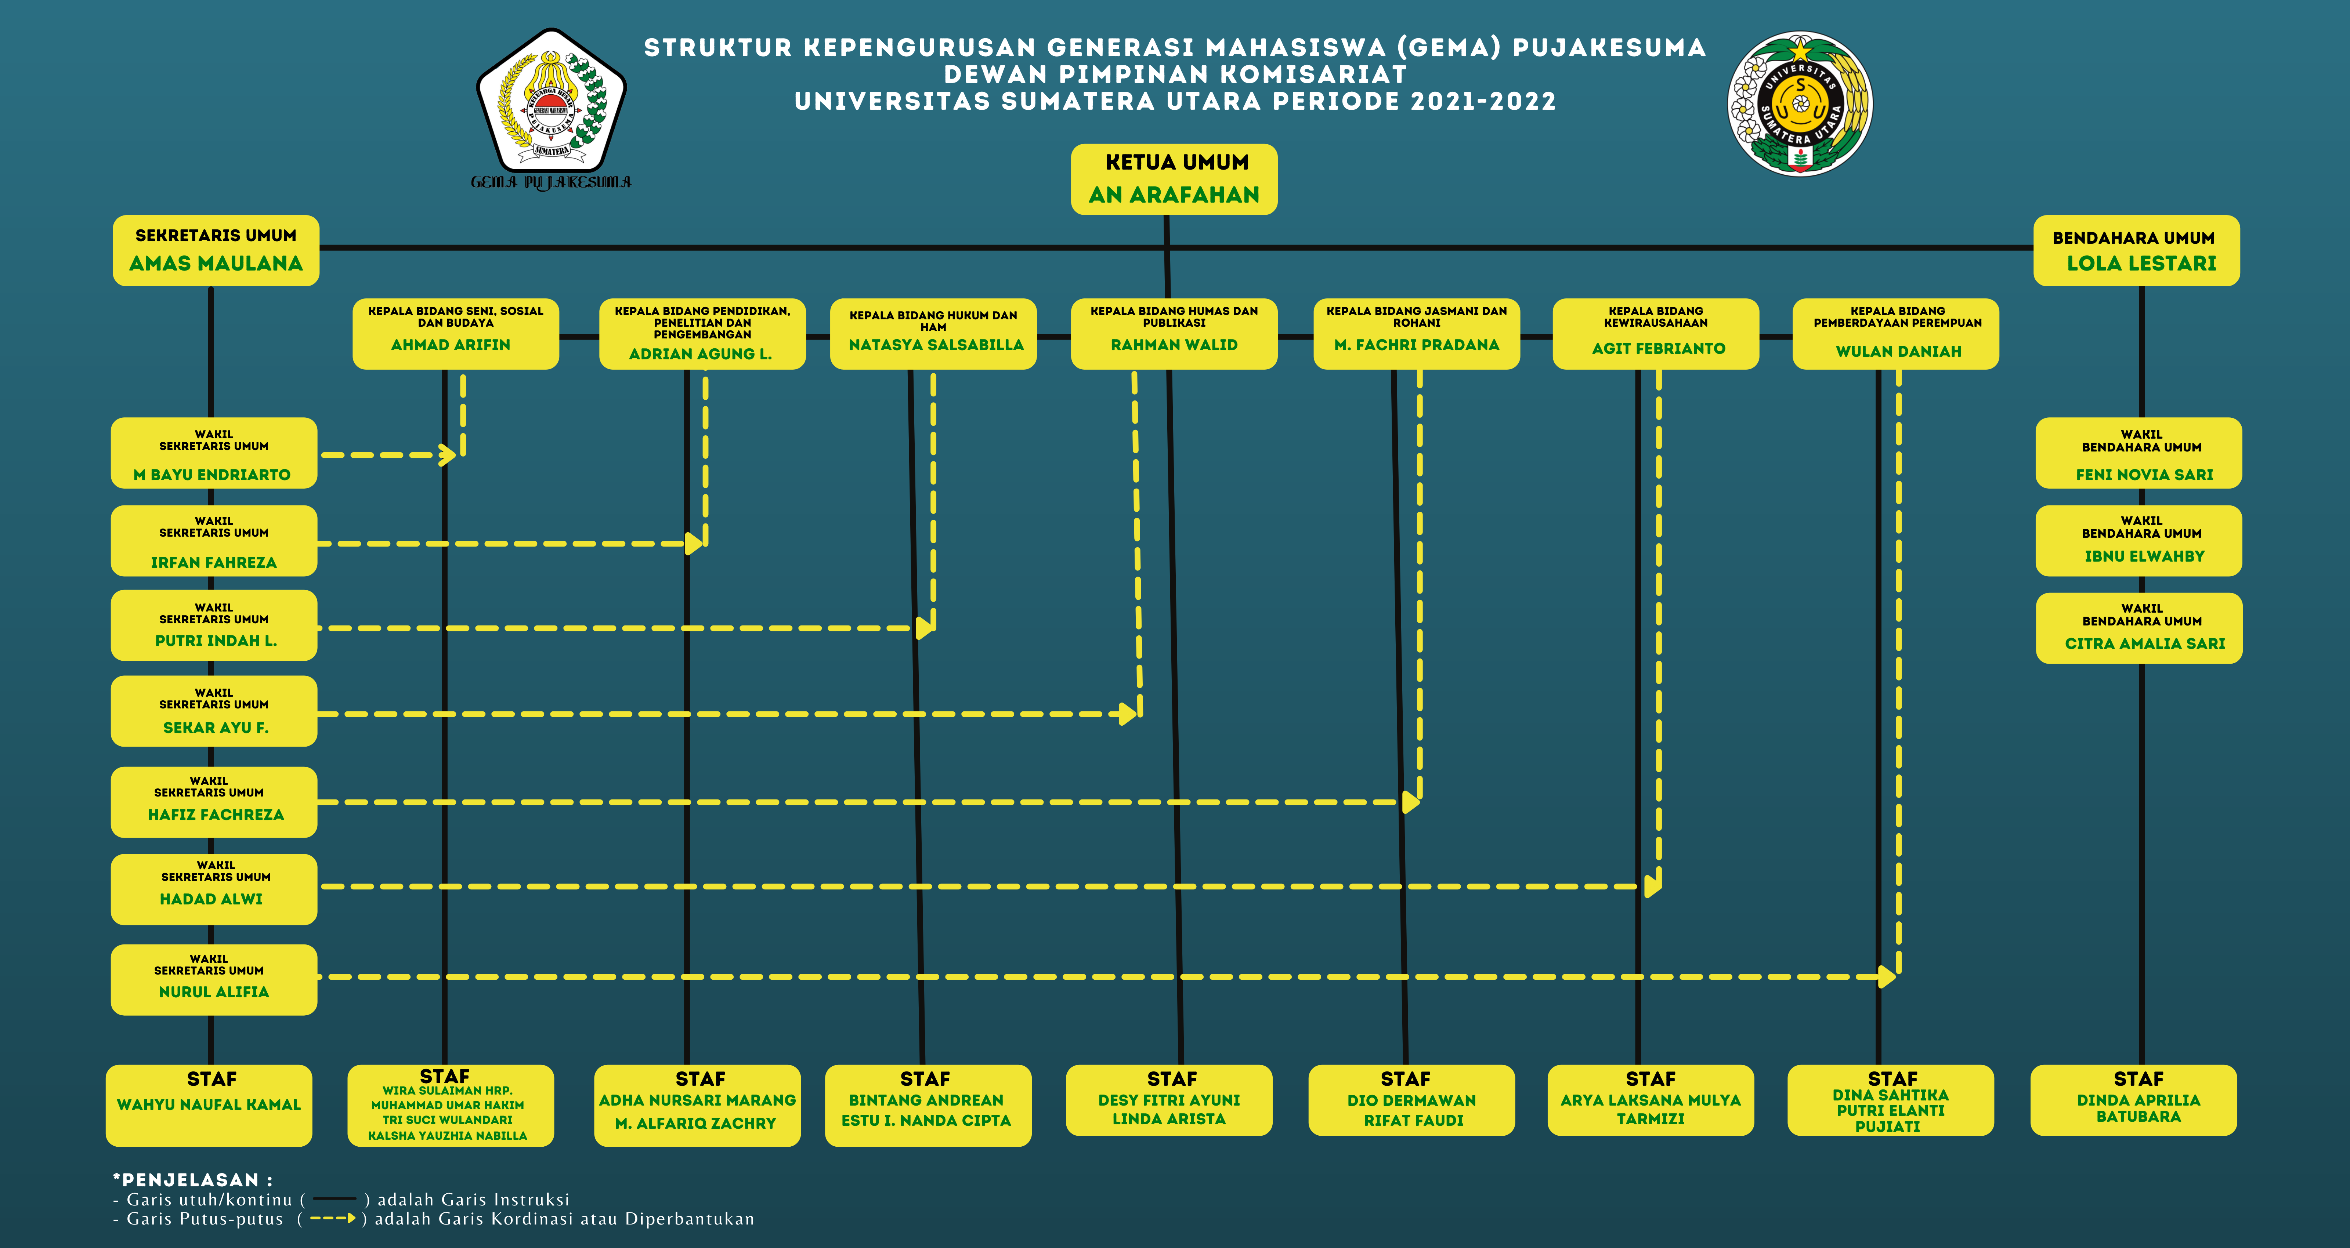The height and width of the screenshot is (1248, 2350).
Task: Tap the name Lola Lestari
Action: tap(2141, 264)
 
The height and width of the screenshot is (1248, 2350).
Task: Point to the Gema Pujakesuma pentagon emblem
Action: tap(551, 102)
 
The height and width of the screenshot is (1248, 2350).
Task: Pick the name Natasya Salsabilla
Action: tap(936, 345)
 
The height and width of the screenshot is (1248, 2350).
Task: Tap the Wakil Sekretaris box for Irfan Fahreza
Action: tap(213, 541)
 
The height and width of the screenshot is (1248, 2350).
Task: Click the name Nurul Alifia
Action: tap(213, 992)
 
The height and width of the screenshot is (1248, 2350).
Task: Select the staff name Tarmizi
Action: tap(1650, 1118)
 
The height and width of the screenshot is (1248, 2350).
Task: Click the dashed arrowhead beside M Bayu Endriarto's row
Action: tap(447, 454)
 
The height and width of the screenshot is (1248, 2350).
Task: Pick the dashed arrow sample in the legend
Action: tap(332, 1218)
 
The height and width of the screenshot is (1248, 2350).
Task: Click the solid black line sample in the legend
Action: tap(334, 1199)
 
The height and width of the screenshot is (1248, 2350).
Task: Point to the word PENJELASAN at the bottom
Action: tap(190, 1180)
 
